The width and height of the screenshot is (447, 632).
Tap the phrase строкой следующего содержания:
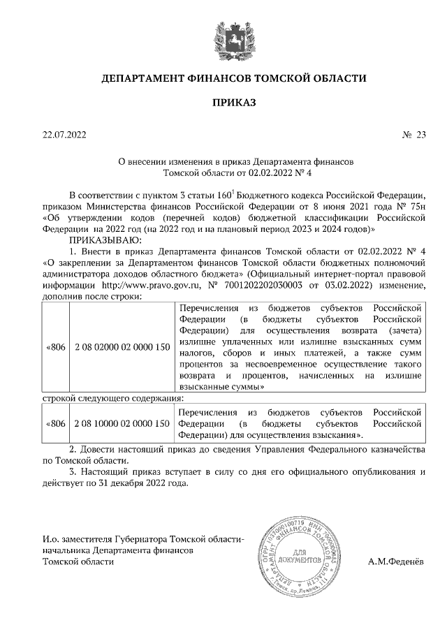(103, 398)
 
